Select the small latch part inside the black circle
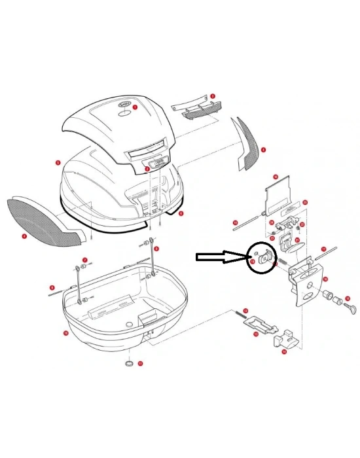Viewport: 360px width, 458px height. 264,258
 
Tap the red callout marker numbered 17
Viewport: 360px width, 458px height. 323,249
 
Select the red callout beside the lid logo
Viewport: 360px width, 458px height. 135,106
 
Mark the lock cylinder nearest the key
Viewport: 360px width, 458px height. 336,300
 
